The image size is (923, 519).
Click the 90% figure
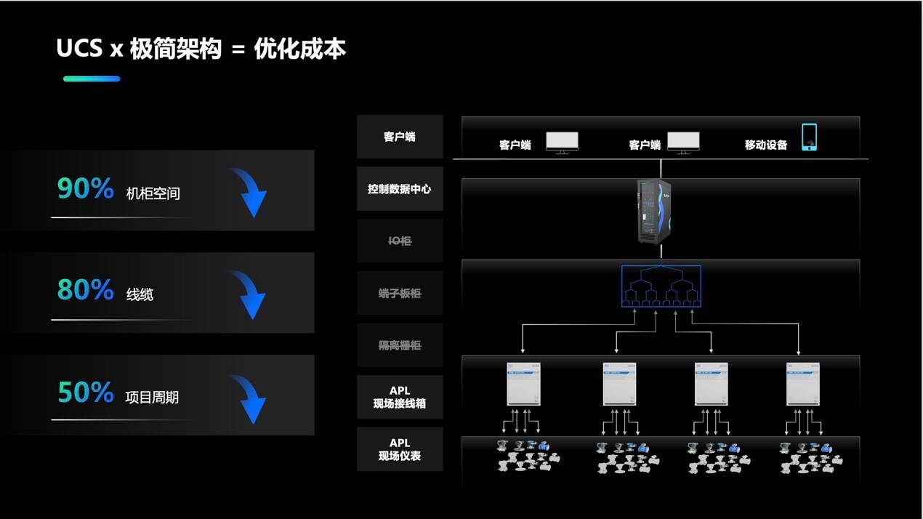click(x=86, y=189)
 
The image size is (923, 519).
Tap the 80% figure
click(x=86, y=290)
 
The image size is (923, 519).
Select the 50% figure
click(x=86, y=393)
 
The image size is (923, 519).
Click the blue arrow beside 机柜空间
click(x=249, y=193)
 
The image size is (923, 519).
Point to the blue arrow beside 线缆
click(x=249, y=294)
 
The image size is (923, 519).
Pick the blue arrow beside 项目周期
click(x=249, y=398)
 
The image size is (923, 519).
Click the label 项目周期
click(x=152, y=398)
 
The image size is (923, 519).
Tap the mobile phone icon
click(x=809, y=137)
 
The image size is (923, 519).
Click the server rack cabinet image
click(x=653, y=211)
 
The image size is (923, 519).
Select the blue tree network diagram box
click(x=661, y=285)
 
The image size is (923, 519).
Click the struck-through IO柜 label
click(x=400, y=241)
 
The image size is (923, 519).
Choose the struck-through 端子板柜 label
click(x=400, y=294)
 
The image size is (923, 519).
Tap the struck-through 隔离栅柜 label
click(x=400, y=345)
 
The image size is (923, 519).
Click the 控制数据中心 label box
click(x=400, y=189)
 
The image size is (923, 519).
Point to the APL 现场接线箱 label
click(x=400, y=397)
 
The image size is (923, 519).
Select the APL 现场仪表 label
click(x=400, y=449)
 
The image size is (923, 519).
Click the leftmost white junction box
click(x=523, y=384)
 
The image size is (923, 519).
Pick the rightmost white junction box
click(x=803, y=384)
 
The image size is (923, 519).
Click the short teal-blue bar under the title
click(x=92, y=79)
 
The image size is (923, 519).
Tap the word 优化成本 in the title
click(x=300, y=49)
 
